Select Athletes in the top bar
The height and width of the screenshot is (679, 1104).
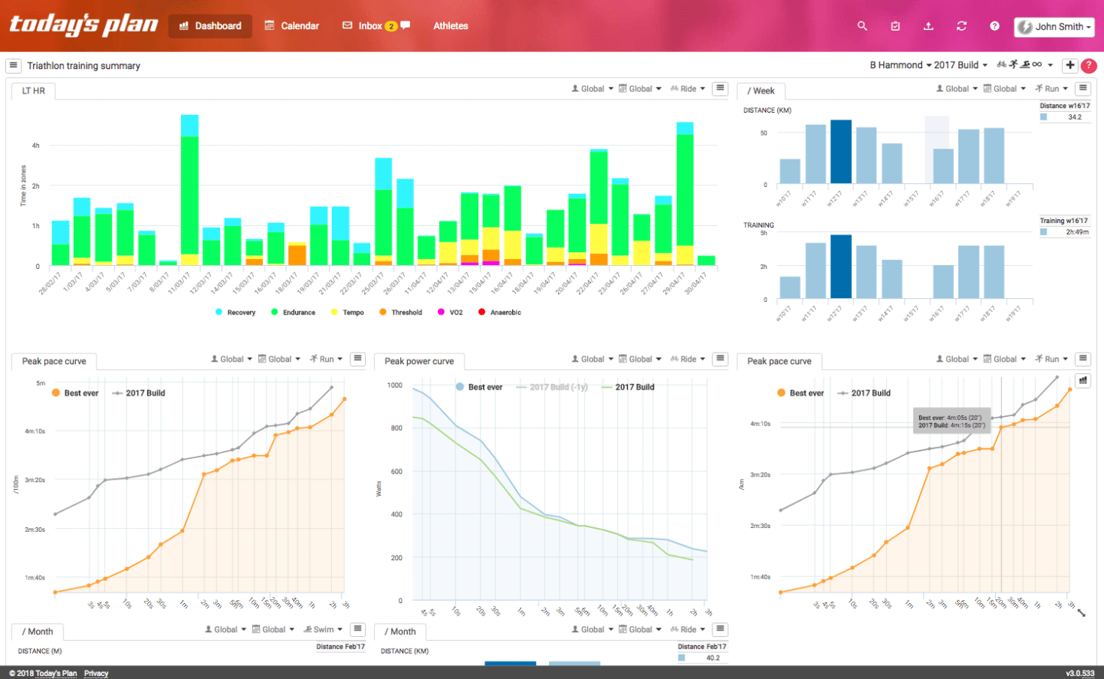(x=451, y=26)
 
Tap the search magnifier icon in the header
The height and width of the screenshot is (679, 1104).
(x=863, y=26)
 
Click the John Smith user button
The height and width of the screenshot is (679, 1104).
(x=1053, y=27)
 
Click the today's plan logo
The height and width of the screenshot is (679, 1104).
(x=83, y=25)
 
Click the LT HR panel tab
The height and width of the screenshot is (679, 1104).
(x=34, y=91)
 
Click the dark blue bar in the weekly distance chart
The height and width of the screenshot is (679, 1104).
(x=841, y=152)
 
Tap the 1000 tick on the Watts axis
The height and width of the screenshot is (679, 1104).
(x=395, y=385)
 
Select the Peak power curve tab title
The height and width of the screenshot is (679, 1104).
(x=419, y=362)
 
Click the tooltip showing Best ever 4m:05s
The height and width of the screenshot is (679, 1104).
(x=951, y=422)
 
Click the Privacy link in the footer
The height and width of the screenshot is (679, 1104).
(x=96, y=674)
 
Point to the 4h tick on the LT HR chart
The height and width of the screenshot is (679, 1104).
(x=35, y=146)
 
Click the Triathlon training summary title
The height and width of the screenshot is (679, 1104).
(x=84, y=66)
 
